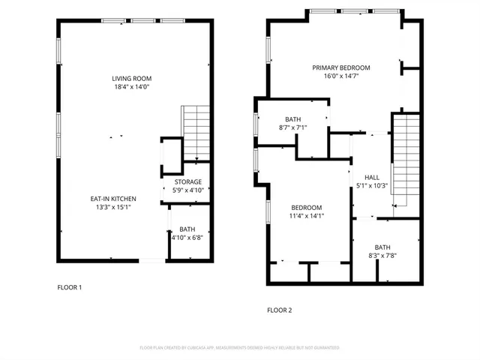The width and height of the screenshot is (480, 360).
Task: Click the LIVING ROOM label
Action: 131,78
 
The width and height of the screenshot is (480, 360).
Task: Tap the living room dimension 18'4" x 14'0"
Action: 131,86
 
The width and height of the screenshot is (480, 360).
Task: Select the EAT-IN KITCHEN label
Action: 113,199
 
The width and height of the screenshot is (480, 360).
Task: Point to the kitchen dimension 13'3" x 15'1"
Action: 113,207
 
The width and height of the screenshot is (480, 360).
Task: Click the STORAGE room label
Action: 188,182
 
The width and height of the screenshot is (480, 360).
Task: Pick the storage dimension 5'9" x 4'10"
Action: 188,190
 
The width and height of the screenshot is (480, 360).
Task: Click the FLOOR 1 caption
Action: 70,287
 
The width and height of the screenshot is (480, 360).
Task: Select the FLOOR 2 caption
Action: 280,310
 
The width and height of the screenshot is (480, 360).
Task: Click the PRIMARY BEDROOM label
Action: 341,67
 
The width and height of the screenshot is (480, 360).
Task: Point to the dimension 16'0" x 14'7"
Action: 341,76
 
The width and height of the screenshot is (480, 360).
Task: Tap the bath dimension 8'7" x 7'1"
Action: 292,127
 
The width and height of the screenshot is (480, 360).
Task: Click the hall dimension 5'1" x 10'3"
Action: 371,186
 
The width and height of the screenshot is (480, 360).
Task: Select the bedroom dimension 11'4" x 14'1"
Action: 307,216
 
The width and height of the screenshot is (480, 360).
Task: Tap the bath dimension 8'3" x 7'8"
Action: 382,256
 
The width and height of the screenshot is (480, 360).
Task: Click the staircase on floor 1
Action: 196,133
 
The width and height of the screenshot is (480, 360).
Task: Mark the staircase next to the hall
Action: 405,157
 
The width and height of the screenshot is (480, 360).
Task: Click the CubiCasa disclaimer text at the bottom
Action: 240,348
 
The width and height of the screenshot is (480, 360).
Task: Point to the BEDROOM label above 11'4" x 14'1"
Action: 307,208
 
